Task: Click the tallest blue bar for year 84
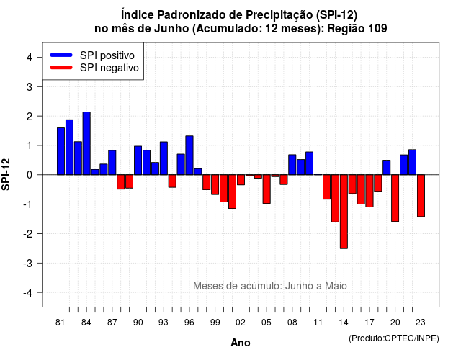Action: (86, 143)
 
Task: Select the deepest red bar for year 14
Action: (344, 212)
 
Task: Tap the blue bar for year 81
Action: (61, 151)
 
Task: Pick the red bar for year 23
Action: (421, 196)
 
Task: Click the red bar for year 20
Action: (395, 198)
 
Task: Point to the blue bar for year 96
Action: (189, 156)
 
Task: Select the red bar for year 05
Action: (267, 189)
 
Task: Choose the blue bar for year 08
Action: (292, 165)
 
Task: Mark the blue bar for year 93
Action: (164, 158)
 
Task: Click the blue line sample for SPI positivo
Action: (61, 55)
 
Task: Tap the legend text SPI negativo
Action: (109, 68)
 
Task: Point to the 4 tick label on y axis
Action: (30, 58)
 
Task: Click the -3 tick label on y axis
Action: (28, 264)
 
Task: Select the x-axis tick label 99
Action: (215, 323)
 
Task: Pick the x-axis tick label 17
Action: (370, 323)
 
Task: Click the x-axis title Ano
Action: (241, 343)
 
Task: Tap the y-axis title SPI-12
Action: (6, 174)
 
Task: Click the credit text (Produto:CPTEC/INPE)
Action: (394, 338)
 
